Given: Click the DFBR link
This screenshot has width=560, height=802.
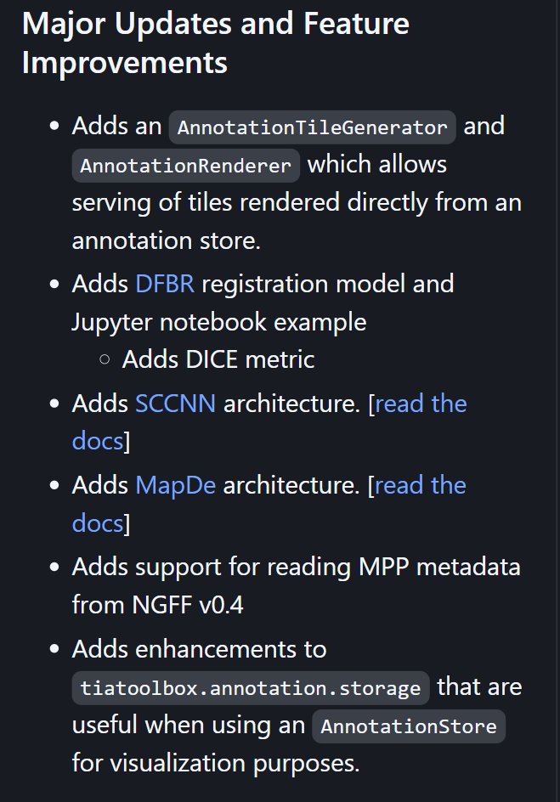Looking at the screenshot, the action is [165, 283].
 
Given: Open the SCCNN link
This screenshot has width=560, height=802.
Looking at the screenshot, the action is [175, 403].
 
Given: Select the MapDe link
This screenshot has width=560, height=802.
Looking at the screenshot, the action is [175, 485].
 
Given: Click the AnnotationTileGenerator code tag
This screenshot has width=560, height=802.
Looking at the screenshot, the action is [313, 127].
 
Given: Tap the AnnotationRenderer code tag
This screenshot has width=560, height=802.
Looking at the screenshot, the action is [186, 165].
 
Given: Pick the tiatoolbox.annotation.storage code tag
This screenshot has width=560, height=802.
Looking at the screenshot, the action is [251, 687].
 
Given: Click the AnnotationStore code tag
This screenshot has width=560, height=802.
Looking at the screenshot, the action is [409, 726].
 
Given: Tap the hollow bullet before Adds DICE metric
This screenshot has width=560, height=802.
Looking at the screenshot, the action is [105, 360].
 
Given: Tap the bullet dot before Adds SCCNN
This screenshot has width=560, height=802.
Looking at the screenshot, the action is [55, 404].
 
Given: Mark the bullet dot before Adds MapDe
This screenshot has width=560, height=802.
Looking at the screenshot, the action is [55, 486].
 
